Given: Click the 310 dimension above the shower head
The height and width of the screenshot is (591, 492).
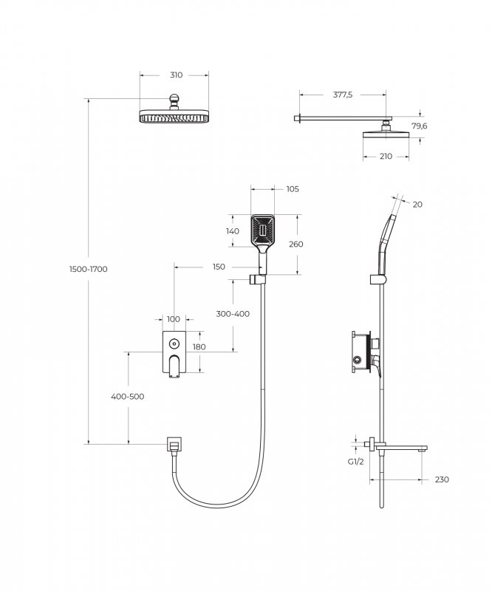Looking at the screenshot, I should [175, 75].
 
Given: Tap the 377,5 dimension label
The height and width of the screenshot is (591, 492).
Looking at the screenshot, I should [343, 95].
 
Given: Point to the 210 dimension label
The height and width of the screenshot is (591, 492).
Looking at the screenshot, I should [386, 157].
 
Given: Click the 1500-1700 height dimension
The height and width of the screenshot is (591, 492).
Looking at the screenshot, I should [89, 269].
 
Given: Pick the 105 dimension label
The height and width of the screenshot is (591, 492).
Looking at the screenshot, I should [292, 189].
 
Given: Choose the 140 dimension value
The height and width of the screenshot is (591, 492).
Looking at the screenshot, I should [233, 231].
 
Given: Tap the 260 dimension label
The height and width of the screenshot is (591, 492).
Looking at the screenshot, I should [296, 245].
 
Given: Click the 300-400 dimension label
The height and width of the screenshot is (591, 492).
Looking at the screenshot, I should [233, 314].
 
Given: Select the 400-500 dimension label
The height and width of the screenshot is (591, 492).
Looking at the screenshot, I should [128, 397].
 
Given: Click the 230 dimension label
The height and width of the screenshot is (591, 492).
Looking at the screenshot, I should [442, 480].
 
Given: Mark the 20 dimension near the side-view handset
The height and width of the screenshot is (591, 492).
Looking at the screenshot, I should [417, 205].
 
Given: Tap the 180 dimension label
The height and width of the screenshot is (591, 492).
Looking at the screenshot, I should [199, 347].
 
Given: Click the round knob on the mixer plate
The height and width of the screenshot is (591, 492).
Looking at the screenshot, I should [174, 343].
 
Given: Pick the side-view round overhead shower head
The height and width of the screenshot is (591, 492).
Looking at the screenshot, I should [386, 134].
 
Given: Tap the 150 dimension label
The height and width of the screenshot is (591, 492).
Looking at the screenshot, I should [219, 267].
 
